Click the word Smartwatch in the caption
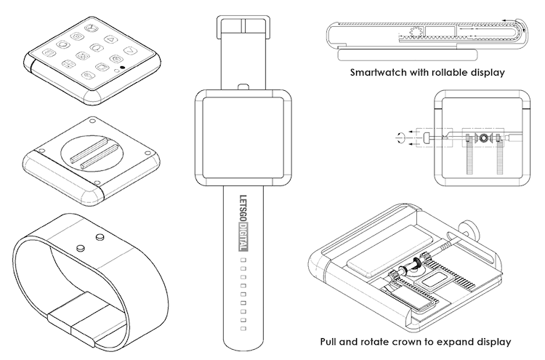pyautogui.click(x=379, y=73)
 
